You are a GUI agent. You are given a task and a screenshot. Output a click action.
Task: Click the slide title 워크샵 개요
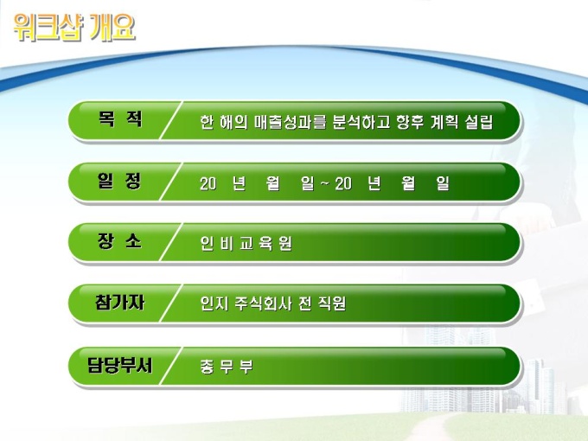tap(74, 27)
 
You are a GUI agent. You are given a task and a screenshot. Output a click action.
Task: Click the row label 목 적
tap(120, 119)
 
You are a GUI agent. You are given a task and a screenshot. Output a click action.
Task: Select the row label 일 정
tap(119, 181)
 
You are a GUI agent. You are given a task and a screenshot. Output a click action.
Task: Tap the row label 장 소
tap(119, 240)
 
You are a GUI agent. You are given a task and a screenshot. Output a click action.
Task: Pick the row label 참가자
tap(119, 303)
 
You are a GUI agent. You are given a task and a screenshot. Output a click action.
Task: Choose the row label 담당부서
tap(119, 365)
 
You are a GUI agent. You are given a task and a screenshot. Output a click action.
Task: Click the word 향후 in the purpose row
tap(410, 122)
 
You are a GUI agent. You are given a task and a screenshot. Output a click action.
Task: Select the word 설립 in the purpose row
tap(479, 122)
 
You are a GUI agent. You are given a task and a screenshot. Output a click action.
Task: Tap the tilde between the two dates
tap(325, 183)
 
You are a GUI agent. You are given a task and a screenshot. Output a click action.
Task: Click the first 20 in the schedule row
tap(208, 183)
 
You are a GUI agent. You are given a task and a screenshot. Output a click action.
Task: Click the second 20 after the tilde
tap(343, 183)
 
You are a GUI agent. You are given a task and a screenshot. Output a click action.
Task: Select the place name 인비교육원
tap(246, 243)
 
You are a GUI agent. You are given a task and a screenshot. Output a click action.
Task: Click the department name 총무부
tap(227, 367)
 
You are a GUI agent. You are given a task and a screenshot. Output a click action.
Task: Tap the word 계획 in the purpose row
tap(444, 122)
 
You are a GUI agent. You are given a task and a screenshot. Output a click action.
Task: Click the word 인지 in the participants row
tap(214, 304)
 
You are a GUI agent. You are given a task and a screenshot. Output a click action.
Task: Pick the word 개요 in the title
tap(112, 27)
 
